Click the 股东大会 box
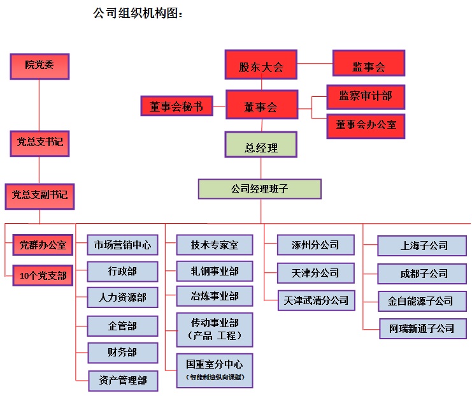pos(261,66)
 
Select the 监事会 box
pos(369,66)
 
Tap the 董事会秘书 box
pos(176,106)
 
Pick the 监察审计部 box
pos(365,96)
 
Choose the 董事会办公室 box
pos(366,125)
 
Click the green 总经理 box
pos(261,147)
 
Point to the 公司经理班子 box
pos(259,189)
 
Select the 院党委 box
pos(39,66)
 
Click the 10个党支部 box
pos(43,276)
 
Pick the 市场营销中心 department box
pos(122,244)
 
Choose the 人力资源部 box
pos(122,298)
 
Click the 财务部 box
pos(122,353)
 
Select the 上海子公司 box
pos(424,246)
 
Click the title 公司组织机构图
pos(138,13)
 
